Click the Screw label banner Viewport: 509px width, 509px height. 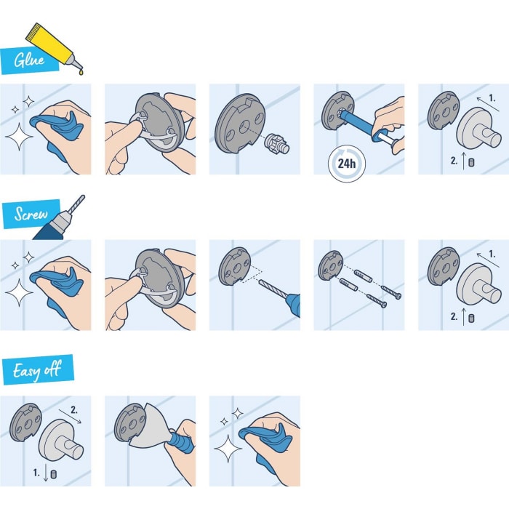click(x=31, y=215)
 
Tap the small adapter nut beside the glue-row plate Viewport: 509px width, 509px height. click(x=276, y=143)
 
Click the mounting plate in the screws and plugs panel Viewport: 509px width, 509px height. click(x=332, y=265)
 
